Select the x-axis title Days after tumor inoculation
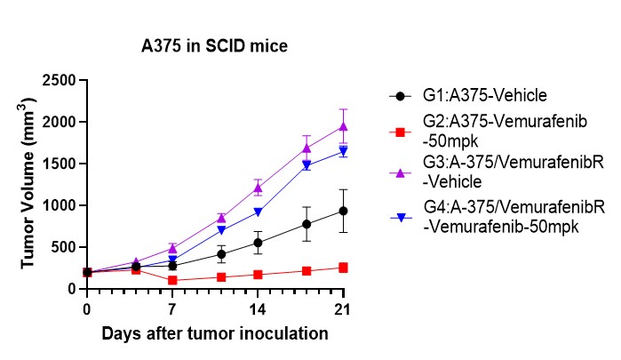[x=214, y=334]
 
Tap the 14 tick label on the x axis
[x=258, y=309]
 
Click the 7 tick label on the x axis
[x=172, y=309]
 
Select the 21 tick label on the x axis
[x=343, y=309]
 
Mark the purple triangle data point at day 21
[x=343, y=126]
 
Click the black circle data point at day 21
[x=343, y=211]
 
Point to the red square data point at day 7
[x=172, y=280]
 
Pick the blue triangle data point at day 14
[x=258, y=212]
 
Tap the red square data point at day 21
[x=343, y=268]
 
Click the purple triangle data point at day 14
[x=258, y=188]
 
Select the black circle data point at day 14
[x=258, y=243]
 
